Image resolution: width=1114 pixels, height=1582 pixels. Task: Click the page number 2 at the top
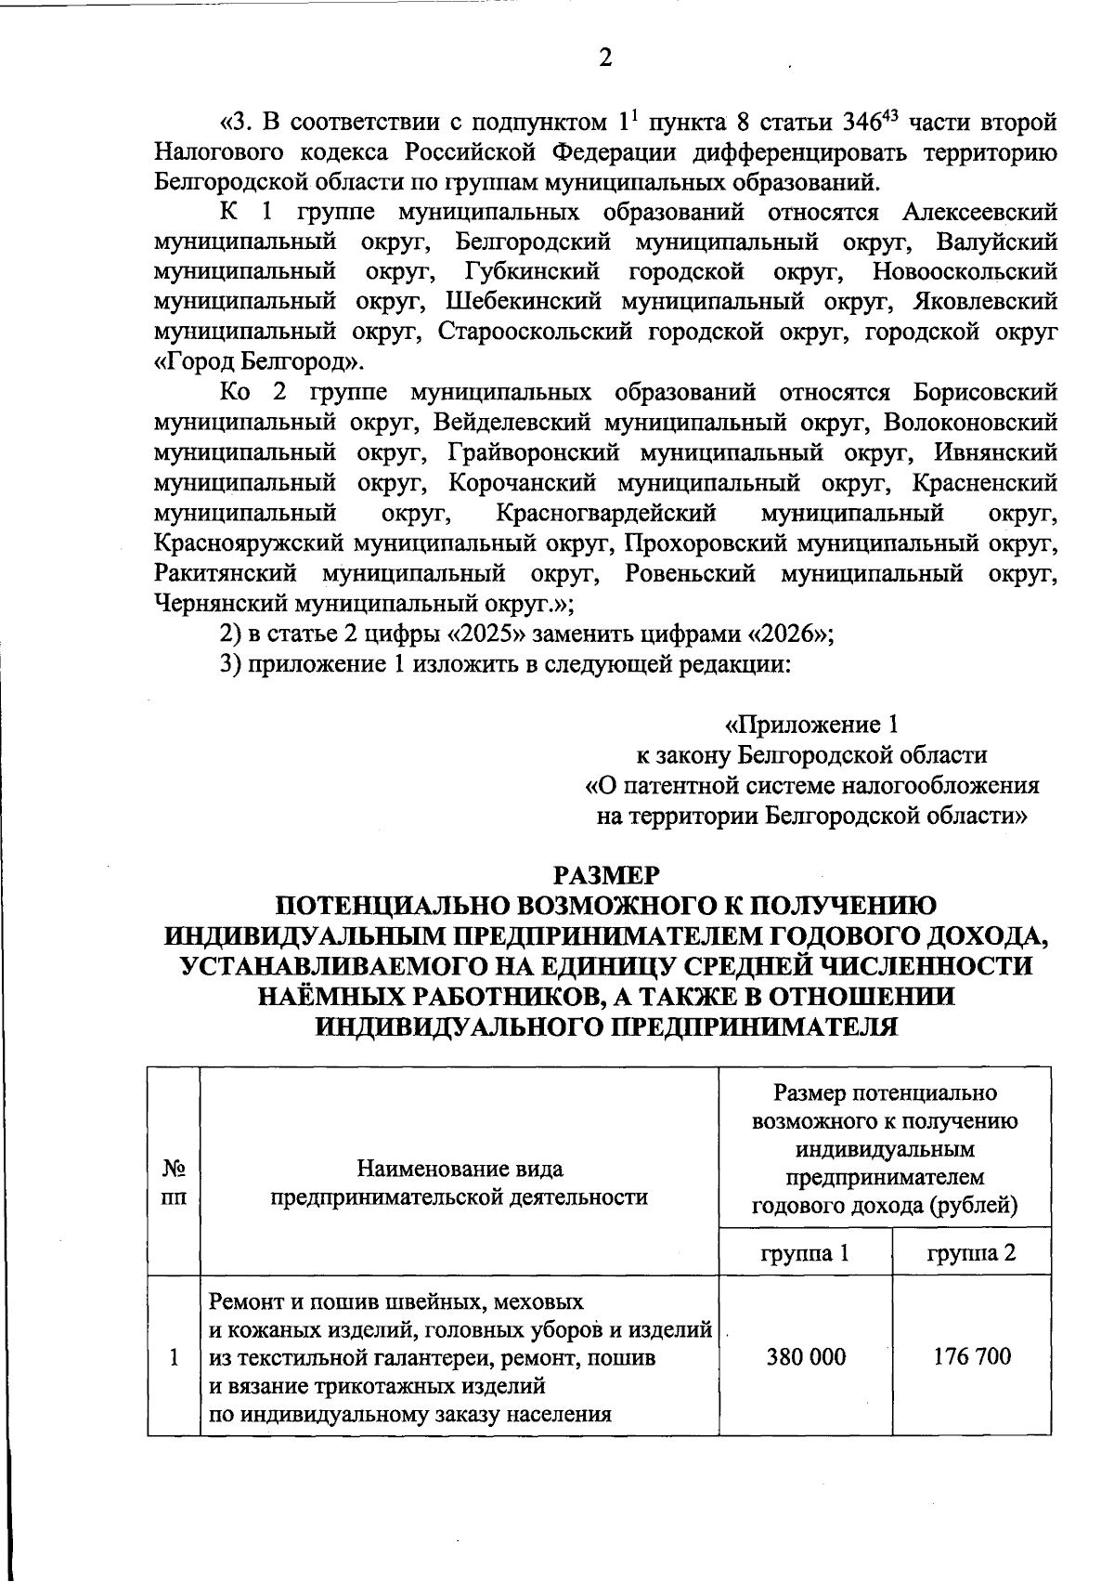[605, 59]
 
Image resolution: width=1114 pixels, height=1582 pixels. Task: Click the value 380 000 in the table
[806, 1356]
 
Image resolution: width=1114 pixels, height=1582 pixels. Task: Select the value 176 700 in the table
[972, 1356]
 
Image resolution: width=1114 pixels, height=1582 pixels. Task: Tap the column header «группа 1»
[805, 1252]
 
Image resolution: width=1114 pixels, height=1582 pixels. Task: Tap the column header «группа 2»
[972, 1252]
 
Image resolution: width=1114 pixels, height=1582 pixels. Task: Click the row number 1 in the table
[174, 1356]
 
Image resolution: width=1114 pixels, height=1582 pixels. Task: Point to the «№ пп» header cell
[174, 1182]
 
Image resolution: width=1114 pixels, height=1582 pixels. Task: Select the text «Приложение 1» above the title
[811, 724]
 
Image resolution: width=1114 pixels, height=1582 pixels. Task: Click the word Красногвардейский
[606, 513]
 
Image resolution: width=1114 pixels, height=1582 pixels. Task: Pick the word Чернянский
[220, 604]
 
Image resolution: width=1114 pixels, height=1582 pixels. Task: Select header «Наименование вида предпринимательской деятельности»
[460, 1182]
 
